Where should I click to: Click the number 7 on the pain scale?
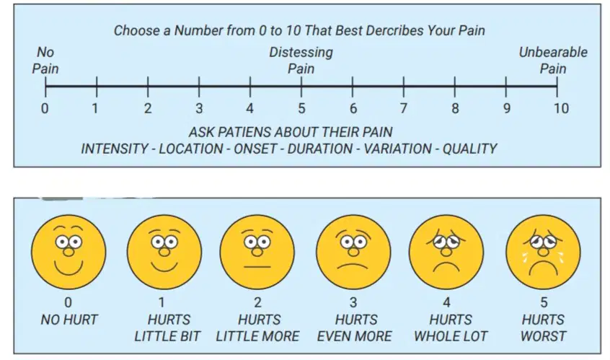click(x=404, y=107)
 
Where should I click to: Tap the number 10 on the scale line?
click(x=561, y=107)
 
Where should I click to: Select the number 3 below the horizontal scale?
click(x=199, y=107)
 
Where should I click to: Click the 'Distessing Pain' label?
click(x=301, y=61)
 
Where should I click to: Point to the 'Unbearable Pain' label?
click(x=553, y=61)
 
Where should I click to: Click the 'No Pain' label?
click(x=45, y=61)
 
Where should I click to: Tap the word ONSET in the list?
click(x=255, y=149)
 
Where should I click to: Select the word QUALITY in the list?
click(x=469, y=149)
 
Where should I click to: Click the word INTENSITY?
click(x=115, y=149)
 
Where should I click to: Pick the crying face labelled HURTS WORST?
click(x=543, y=253)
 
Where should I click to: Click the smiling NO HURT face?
click(x=68, y=253)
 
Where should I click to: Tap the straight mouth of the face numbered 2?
click(x=257, y=267)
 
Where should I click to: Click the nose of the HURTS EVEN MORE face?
click(x=353, y=252)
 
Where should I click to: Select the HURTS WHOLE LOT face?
click(x=446, y=253)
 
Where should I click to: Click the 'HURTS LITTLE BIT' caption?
click(x=168, y=328)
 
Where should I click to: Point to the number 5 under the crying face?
click(x=544, y=302)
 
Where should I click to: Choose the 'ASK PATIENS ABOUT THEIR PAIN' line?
click(x=291, y=132)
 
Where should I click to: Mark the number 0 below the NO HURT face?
click(x=68, y=302)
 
